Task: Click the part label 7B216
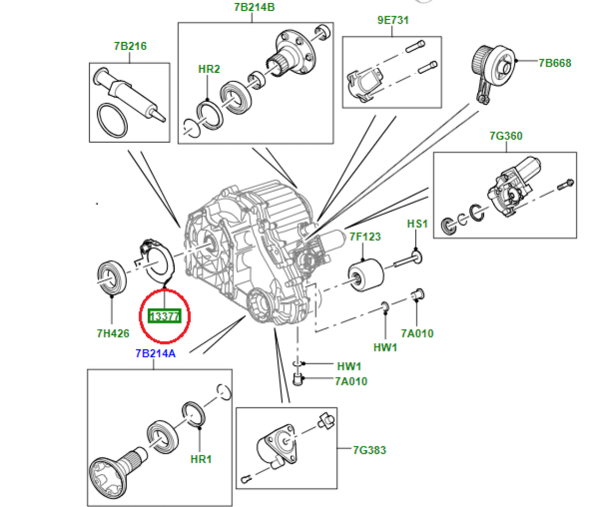click(130, 46)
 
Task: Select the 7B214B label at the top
click(254, 8)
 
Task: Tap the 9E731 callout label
click(393, 20)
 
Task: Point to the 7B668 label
click(555, 63)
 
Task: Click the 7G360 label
click(506, 136)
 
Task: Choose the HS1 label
click(417, 223)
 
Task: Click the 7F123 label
click(365, 237)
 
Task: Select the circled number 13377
click(164, 316)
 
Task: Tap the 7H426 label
click(113, 333)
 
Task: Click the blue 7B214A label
click(155, 353)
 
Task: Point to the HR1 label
click(201, 459)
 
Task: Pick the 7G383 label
click(370, 450)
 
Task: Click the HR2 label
click(209, 69)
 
